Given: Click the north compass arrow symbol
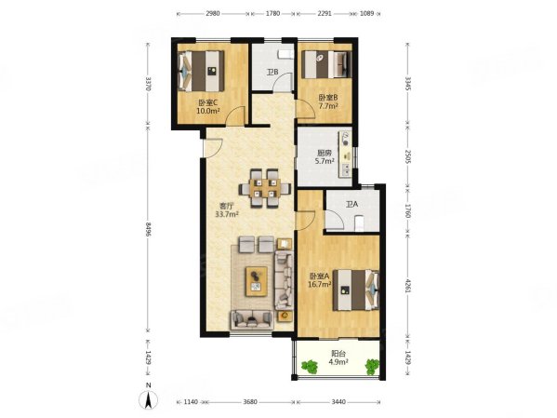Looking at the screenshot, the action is [149, 399].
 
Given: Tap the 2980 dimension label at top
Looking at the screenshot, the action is [212, 14].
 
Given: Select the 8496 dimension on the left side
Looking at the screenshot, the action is [149, 230].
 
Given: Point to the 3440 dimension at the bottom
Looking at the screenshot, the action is [338, 401].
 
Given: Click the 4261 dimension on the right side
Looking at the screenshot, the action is [408, 286].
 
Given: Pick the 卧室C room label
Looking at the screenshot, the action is [207, 102].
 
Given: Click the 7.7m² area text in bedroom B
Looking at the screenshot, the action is [328, 106].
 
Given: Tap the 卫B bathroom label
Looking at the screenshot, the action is [272, 73].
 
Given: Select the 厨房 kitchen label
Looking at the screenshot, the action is [325, 154].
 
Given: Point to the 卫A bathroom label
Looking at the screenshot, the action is [352, 205].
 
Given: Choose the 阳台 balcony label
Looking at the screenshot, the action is [338, 354].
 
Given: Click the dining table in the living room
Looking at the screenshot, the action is [265, 188].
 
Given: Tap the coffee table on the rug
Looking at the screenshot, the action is [257, 281].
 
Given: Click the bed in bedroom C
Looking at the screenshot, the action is [201, 71].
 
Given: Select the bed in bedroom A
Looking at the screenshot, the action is [356, 290].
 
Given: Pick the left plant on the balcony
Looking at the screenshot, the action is [310, 367].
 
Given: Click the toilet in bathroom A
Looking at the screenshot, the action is [360, 223].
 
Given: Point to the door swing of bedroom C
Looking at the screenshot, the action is [236, 115].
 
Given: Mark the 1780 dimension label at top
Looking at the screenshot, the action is [272, 14].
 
